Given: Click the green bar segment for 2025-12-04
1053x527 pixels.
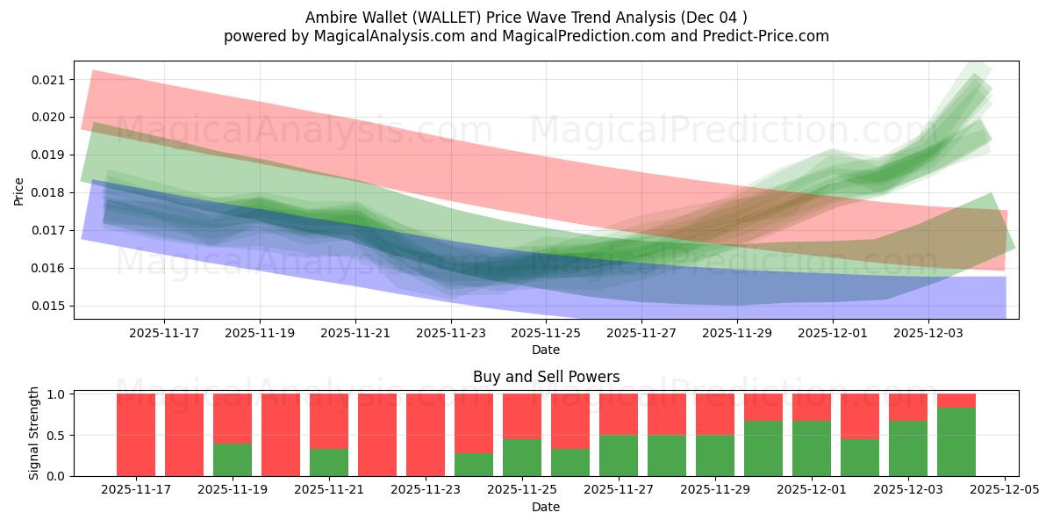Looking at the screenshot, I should (956, 442).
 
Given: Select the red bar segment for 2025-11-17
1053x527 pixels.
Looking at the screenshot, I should (136, 435).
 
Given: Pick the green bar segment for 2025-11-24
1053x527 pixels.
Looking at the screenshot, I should (474, 465).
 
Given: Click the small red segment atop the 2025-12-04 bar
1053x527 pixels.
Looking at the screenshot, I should (956, 401).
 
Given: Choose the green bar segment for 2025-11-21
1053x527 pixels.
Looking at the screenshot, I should (329, 462).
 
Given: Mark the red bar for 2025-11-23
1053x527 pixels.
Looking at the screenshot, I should (426, 435).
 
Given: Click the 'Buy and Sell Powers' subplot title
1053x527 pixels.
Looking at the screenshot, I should (546, 377).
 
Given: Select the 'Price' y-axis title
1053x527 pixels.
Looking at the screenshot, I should (19, 191).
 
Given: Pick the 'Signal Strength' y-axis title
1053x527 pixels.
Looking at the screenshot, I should (34, 433).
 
